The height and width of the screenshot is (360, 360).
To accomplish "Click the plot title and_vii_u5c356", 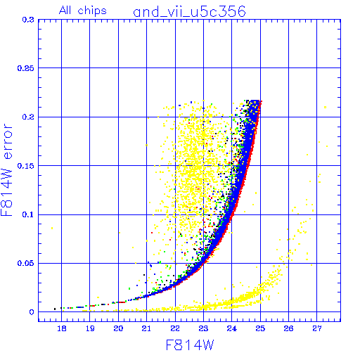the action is pyautogui.click(x=189, y=12).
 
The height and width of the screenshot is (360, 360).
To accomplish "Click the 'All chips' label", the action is pyautogui.click(x=83, y=11).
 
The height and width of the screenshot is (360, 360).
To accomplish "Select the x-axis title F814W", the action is pyautogui.click(x=190, y=345).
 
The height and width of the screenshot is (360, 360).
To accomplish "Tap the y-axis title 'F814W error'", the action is pyautogui.click(x=7, y=169).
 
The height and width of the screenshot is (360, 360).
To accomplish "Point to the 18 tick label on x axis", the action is pyautogui.click(x=62, y=328).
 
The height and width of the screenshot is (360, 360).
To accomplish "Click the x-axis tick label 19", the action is pyautogui.click(x=90, y=328).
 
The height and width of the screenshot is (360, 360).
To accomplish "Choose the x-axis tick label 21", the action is pyautogui.click(x=146, y=328).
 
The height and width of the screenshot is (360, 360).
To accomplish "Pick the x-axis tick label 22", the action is pyautogui.click(x=175, y=328).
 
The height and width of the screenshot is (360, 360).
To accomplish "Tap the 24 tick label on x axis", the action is pyautogui.click(x=231, y=328).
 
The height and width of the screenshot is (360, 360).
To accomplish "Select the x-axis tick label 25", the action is pyautogui.click(x=260, y=328).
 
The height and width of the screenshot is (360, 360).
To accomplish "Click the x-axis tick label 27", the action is pyautogui.click(x=317, y=328).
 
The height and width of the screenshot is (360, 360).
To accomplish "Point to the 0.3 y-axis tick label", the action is pyautogui.click(x=28, y=20).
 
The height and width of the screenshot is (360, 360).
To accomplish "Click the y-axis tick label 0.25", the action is pyautogui.click(x=26, y=68).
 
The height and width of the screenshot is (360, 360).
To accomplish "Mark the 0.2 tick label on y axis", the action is pyautogui.click(x=28, y=117).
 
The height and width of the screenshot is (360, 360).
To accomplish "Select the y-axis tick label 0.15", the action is pyautogui.click(x=26, y=166).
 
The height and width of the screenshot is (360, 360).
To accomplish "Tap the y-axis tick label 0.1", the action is pyautogui.click(x=28, y=214).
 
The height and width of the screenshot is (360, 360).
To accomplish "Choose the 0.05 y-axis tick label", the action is pyautogui.click(x=26, y=263).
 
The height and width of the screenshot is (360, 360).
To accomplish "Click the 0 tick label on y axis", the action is pyautogui.click(x=32, y=312).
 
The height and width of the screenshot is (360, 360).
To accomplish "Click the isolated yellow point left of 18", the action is pyautogui.click(x=52, y=228).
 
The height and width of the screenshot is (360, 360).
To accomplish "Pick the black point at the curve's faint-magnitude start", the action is pyautogui.click(x=55, y=309).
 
